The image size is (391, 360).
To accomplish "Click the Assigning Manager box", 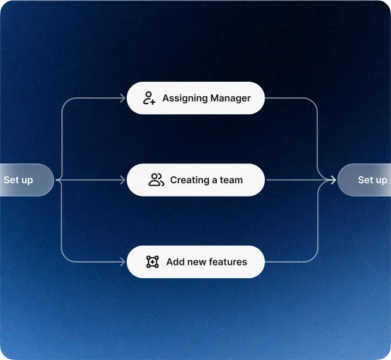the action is pyautogui.click(x=196, y=98).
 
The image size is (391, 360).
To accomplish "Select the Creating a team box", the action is pyautogui.click(x=196, y=180).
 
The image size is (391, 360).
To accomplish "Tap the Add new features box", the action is pyautogui.click(x=196, y=261).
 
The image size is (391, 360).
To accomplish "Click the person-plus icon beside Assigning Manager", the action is pyautogui.click(x=149, y=98).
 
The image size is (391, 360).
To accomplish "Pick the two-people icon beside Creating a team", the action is pyautogui.click(x=156, y=180).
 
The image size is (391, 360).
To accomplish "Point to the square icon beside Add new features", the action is pyautogui.click(x=153, y=261).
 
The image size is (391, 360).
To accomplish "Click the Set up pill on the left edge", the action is pyautogui.click(x=27, y=180).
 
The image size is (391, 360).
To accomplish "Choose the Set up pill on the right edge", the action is pyautogui.click(x=364, y=180).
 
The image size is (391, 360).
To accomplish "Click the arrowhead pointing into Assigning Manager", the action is pyautogui.click(x=123, y=98).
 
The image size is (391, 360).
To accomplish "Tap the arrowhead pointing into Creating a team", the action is pyautogui.click(x=123, y=180).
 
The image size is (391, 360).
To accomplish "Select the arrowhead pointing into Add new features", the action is pyautogui.click(x=123, y=262).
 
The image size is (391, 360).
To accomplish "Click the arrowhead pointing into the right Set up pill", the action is pyautogui.click(x=333, y=180).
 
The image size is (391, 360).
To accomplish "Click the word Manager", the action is pyautogui.click(x=231, y=99).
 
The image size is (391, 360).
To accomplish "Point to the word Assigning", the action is pyautogui.click(x=185, y=99).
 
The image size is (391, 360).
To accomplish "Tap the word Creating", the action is pyautogui.click(x=190, y=180).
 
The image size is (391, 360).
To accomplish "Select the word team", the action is pyautogui.click(x=231, y=180).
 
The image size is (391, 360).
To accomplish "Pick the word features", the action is pyautogui.click(x=228, y=262).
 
